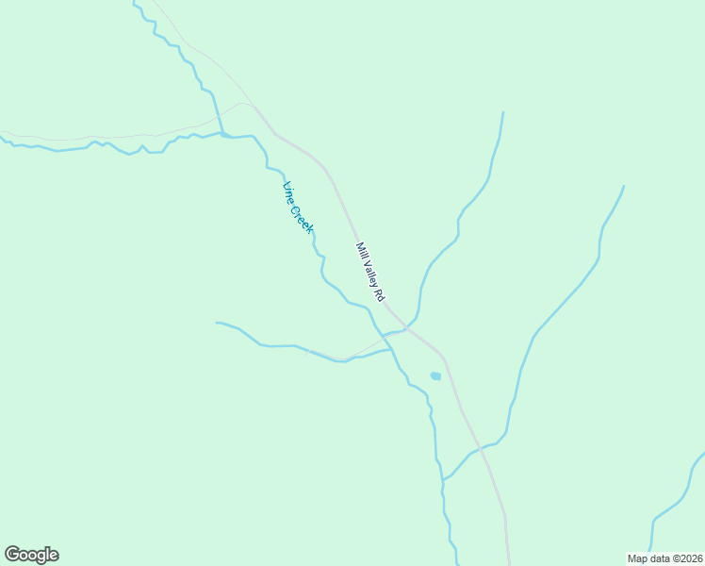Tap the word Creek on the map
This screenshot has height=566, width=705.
[302, 217]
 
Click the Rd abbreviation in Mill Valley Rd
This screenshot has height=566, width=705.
[380, 295]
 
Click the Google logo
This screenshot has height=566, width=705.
[31, 555]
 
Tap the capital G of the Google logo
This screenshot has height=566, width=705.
[12, 555]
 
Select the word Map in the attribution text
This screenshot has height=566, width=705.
[637, 558]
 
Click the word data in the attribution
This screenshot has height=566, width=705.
[658, 558]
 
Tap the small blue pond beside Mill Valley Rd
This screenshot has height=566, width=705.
[435, 376]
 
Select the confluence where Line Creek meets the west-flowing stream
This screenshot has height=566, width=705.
[222, 135]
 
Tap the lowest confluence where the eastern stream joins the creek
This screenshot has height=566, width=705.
[443, 479]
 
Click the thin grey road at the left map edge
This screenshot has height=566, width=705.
[5, 132]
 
